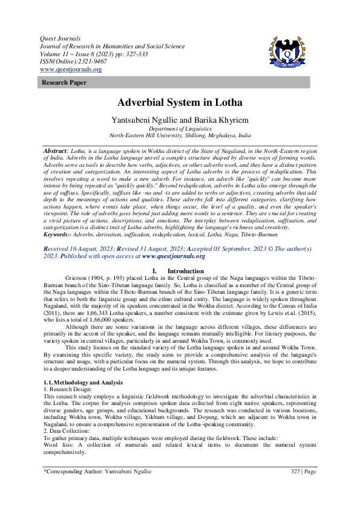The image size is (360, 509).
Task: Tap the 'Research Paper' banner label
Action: coord(61,82)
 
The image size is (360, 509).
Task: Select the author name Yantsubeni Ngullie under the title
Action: coord(145,120)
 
